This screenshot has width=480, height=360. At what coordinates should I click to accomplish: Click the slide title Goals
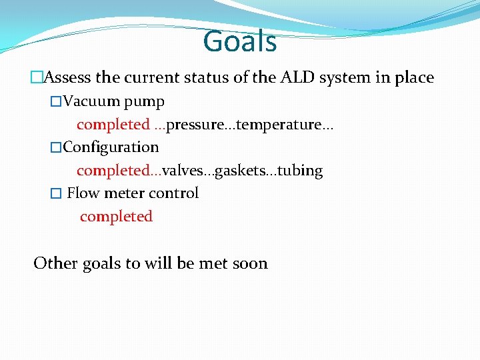(239, 41)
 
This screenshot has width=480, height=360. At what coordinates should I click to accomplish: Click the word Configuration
(111, 147)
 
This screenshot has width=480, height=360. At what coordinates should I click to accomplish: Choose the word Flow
(83, 193)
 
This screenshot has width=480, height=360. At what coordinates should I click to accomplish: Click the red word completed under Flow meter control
(116, 217)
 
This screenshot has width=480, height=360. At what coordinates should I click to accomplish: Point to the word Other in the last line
(55, 263)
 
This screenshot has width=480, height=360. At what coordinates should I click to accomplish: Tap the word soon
(250, 263)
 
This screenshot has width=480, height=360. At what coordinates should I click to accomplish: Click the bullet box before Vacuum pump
(56, 102)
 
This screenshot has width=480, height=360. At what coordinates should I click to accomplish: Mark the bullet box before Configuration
(56, 148)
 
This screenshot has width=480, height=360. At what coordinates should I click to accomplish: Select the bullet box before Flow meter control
(56, 194)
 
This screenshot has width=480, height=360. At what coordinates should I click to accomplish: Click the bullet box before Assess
(36, 78)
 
